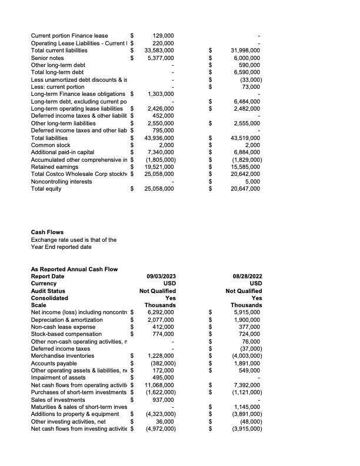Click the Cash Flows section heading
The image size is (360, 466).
[x=47, y=232]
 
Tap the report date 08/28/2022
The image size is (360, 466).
[x=248, y=276]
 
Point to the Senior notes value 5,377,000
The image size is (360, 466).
[x=160, y=58]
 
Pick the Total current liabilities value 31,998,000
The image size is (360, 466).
[x=246, y=51]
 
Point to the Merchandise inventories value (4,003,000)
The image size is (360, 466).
[x=245, y=356]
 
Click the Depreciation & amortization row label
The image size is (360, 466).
[x=66, y=319]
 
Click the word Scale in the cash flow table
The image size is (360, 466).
[x=38, y=305]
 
